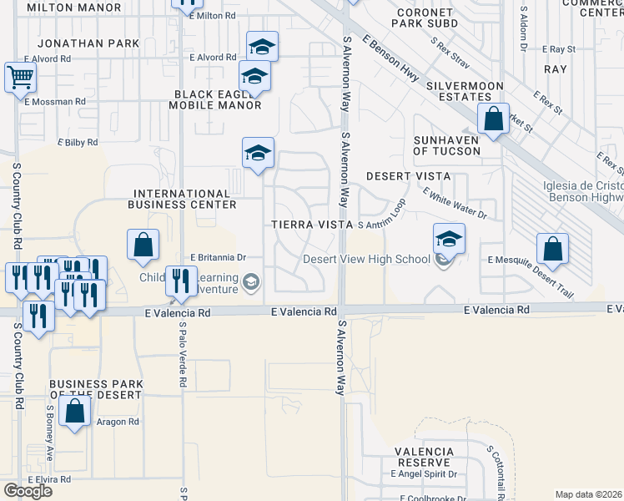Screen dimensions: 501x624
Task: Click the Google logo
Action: tap(28, 491)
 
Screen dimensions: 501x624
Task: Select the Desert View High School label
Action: tap(366, 259)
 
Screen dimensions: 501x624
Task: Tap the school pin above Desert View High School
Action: tap(449, 239)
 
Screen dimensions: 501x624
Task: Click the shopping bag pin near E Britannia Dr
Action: tap(143, 244)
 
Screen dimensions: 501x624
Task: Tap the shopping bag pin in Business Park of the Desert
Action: tap(75, 411)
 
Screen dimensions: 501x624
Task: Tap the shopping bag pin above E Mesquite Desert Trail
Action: tap(552, 248)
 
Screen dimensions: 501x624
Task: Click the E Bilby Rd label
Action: tap(78, 143)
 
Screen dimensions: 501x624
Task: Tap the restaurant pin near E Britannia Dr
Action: tap(180, 281)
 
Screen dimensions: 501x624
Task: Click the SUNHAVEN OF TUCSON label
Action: tap(447, 145)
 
